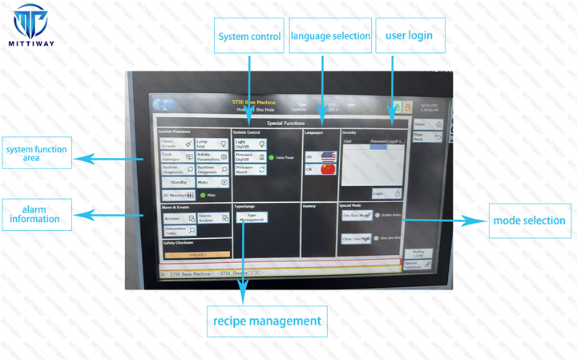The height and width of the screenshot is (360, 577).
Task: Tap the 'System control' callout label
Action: click(x=249, y=36)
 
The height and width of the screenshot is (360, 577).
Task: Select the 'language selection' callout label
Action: click(x=330, y=36)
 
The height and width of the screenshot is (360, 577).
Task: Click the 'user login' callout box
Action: click(x=409, y=35)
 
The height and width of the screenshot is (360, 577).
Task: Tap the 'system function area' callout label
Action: click(x=37, y=153)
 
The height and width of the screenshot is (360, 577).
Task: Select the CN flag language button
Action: click(x=326, y=169)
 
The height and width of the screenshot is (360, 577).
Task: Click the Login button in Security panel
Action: click(x=388, y=193)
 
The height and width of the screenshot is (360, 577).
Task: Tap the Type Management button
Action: click(x=252, y=217)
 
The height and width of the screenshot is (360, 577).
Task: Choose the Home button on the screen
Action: click(x=427, y=125)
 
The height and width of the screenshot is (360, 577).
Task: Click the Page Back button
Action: click(x=427, y=138)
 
